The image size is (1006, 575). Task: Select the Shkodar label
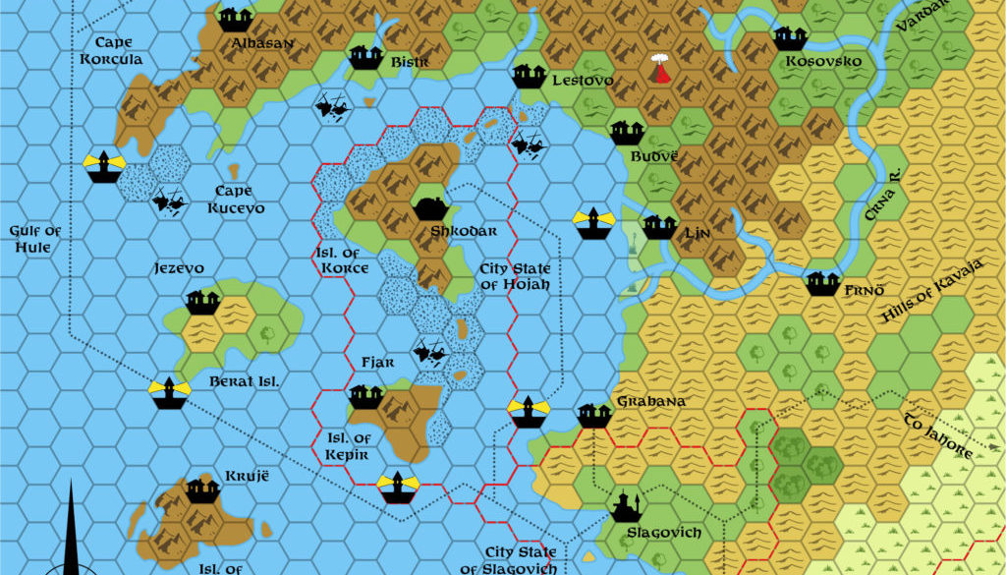(457, 231)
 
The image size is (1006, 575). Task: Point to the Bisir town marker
(365, 56)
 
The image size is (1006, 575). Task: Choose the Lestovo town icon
(529, 75)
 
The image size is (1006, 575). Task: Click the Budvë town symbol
(626, 132)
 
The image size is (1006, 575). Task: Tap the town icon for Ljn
(659, 227)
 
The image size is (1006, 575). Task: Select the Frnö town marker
(822, 284)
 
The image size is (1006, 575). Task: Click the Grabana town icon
(593, 415)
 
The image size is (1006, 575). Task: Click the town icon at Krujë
(202, 489)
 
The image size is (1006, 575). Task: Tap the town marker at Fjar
(365, 396)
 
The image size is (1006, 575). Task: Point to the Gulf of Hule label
(35, 239)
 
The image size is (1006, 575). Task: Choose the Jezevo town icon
(202, 303)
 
